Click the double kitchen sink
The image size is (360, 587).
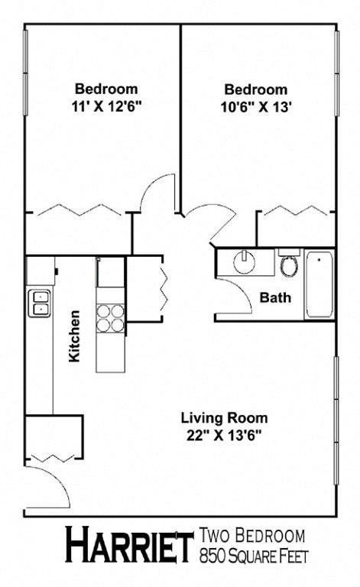coord(39,303)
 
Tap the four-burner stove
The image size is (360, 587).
coord(110,318)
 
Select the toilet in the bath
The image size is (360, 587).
coord(289,265)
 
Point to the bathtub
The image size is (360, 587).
coord(318,285)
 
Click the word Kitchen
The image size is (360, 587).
coord(75,336)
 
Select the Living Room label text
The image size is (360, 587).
coord(224,418)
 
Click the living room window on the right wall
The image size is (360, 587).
coord(336,419)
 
